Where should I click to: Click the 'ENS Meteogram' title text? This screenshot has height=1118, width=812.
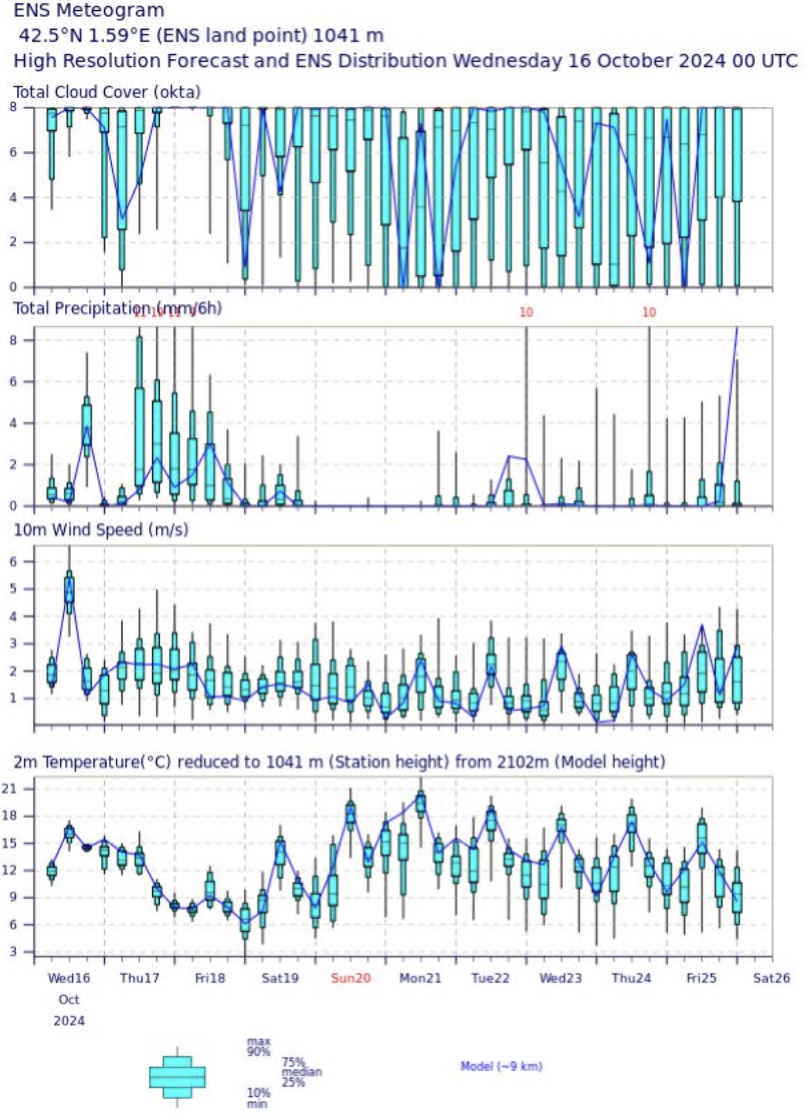point(89,11)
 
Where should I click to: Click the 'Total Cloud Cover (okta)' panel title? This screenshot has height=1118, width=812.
point(107,92)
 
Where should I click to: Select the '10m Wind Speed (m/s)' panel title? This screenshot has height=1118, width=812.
point(101,530)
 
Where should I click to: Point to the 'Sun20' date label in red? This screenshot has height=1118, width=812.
point(351,978)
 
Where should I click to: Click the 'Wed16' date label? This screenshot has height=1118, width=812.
point(68,978)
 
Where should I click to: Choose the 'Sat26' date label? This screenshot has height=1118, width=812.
point(771,978)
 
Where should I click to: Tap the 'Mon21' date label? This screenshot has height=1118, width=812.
point(420,978)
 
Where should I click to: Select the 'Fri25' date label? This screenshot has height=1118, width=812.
point(701,978)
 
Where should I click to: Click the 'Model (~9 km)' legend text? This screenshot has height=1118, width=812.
point(501,1067)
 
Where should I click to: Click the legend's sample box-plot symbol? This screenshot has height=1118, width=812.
point(177,1076)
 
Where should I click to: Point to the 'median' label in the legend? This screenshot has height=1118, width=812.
point(302,1072)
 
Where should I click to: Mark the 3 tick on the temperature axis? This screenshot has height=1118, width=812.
point(25,952)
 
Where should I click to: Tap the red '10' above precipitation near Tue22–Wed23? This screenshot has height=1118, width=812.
point(526,312)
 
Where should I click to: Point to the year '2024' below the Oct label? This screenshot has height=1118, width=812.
point(68,1021)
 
